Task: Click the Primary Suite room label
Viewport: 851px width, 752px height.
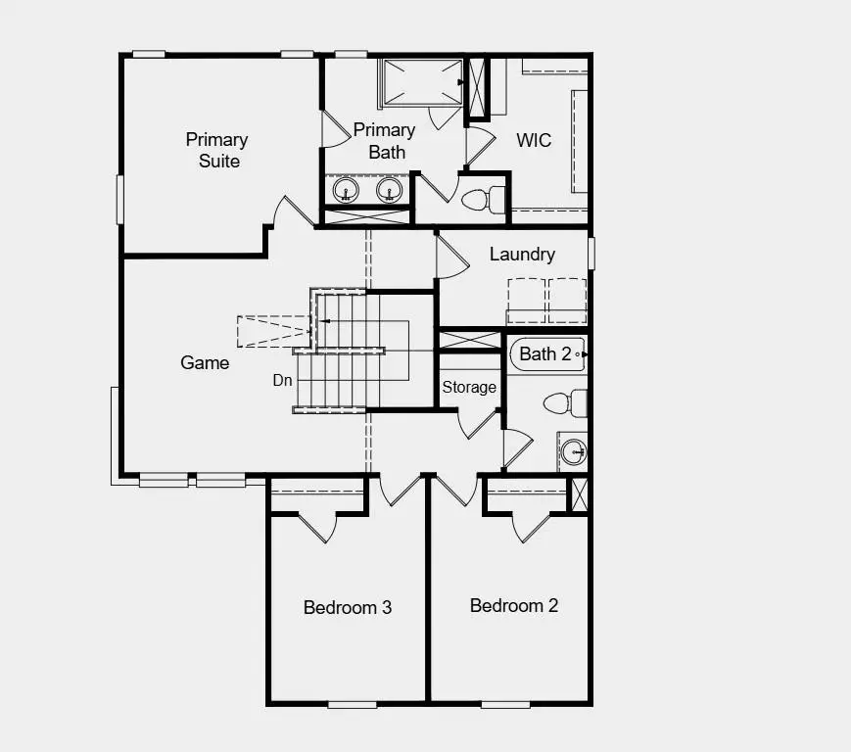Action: click(x=216, y=150)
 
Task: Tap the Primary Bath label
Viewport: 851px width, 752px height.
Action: click(x=384, y=141)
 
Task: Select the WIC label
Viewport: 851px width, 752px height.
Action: click(x=534, y=140)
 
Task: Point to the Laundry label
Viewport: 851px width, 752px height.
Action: click(x=522, y=255)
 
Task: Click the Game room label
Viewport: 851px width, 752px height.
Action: click(x=205, y=362)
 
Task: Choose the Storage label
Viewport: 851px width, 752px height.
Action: click(x=469, y=388)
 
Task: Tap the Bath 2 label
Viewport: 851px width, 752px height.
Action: click(x=544, y=354)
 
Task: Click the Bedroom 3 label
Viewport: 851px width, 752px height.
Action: click(x=348, y=607)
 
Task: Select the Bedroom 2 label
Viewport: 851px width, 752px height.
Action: click(x=514, y=605)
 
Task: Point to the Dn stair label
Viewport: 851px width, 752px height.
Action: click(x=282, y=380)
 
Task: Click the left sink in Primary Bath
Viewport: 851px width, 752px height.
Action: click(x=345, y=189)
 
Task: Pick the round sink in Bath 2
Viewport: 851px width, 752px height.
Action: click(x=573, y=451)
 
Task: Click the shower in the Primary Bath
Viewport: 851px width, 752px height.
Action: click(x=421, y=80)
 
